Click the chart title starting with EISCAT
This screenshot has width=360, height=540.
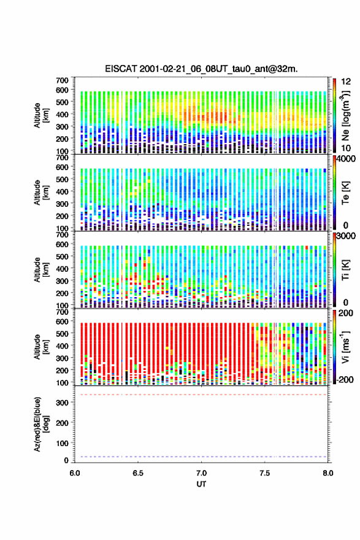(201, 69)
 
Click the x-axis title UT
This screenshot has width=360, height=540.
(201, 484)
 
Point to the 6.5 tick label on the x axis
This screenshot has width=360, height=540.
(138, 473)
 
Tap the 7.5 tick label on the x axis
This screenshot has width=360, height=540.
(265, 473)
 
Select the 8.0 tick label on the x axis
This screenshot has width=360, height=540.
(328, 473)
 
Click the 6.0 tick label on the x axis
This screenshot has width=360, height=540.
(75, 473)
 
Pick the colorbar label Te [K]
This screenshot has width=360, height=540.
(345, 193)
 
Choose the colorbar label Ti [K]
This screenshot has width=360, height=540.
(345, 270)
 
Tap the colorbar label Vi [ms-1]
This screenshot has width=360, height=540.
(345, 347)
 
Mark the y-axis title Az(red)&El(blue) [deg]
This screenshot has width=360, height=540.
(41, 424)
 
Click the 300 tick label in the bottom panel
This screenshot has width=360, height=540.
(63, 403)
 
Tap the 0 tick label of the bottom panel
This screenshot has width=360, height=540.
(66, 460)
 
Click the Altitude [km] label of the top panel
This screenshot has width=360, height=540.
(41, 116)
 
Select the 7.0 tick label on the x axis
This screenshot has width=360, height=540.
(201, 473)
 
